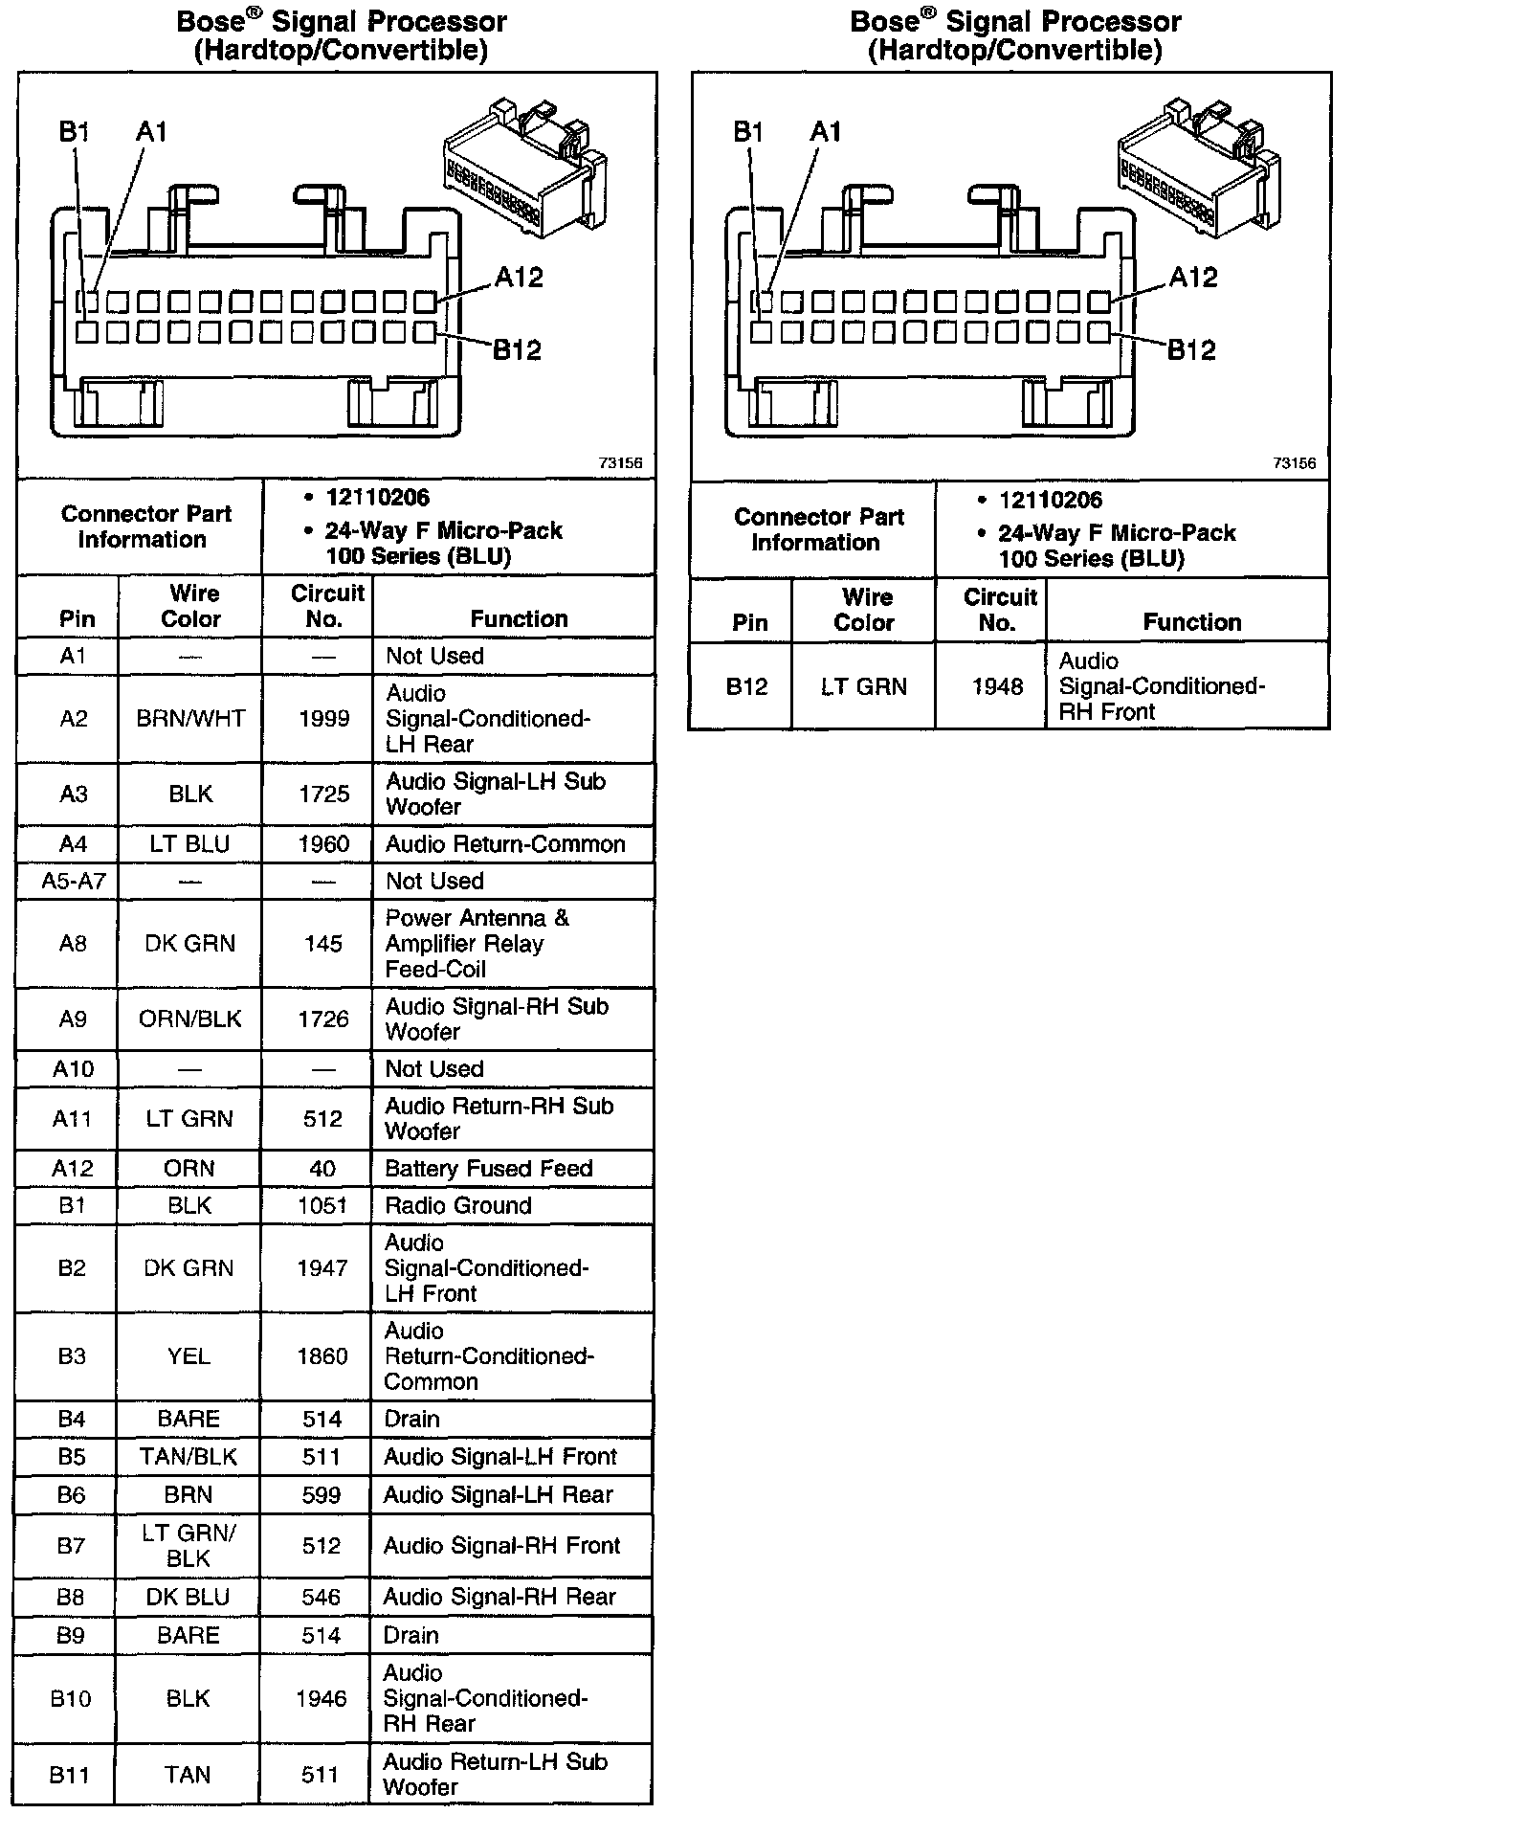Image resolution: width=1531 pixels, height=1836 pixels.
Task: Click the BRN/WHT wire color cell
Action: click(190, 719)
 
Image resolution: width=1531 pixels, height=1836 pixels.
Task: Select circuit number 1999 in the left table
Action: click(324, 719)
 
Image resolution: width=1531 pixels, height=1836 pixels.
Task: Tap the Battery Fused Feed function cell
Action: click(488, 1168)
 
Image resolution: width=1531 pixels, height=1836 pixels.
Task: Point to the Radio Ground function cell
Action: click(457, 1205)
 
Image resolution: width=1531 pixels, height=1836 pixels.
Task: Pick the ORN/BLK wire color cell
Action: click(190, 1019)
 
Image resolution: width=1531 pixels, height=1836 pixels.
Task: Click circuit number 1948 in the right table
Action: click(997, 686)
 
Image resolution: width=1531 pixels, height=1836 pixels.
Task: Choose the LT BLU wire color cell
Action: click(190, 844)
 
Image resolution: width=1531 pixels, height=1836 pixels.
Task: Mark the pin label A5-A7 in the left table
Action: click(73, 881)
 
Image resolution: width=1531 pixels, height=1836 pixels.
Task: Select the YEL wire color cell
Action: click(189, 1356)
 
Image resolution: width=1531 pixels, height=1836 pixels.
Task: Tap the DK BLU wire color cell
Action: click(189, 1597)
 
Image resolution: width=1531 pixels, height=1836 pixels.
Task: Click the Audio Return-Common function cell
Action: click(504, 844)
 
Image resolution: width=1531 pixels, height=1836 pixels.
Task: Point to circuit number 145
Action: click(323, 944)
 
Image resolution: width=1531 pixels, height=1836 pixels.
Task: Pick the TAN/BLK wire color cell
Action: click(189, 1457)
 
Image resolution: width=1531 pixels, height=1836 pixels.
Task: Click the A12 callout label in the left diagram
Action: click(519, 278)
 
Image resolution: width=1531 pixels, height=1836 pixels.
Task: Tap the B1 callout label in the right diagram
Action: click(748, 132)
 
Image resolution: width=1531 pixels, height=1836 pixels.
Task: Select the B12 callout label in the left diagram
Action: click(517, 350)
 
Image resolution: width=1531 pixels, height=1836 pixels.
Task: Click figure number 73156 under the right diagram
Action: click(1294, 463)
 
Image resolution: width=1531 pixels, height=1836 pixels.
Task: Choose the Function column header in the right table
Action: click(1192, 622)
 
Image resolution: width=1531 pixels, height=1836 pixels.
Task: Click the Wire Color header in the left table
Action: click(191, 606)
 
